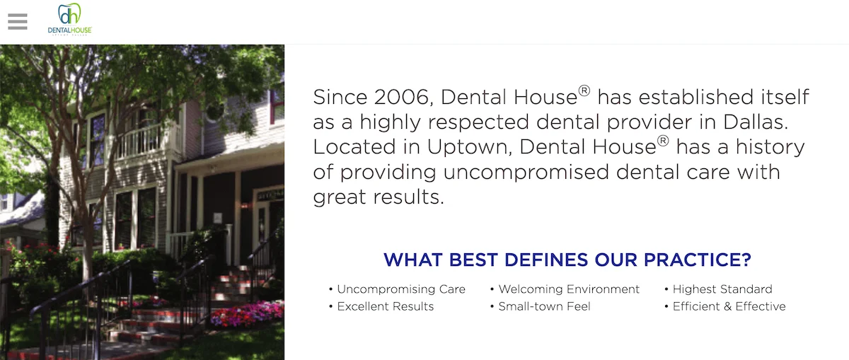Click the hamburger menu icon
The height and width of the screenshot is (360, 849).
[x=18, y=21]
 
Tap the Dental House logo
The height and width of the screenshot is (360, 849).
[x=69, y=19]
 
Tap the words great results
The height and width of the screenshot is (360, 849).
[x=378, y=197]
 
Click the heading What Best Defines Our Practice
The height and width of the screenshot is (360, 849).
[x=567, y=260]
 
